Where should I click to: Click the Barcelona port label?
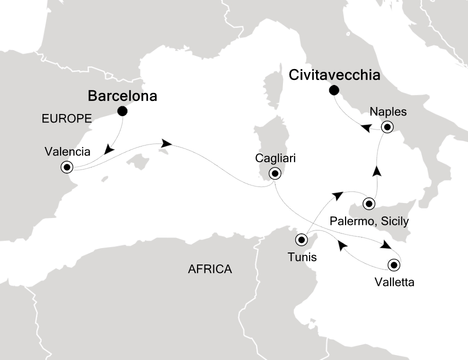pyautogui.click(x=122, y=95)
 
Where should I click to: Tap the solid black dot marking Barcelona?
pyautogui.click(x=122, y=111)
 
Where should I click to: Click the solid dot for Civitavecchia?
pyautogui.click(x=333, y=90)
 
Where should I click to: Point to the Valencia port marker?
pyautogui.click(x=66, y=167)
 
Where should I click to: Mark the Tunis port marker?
pyautogui.click(x=301, y=239)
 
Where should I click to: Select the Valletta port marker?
pyautogui.click(x=394, y=265)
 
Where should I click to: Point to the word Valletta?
pyautogui.click(x=394, y=282)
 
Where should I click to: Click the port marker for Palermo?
pyautogui.click(x=369, y=203)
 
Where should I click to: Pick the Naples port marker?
pyautogui.click(x=386, y=127)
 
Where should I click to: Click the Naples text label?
pyautogui.click(x=386, y=112)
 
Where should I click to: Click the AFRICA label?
pyautogui.click(x=210, y=269)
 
